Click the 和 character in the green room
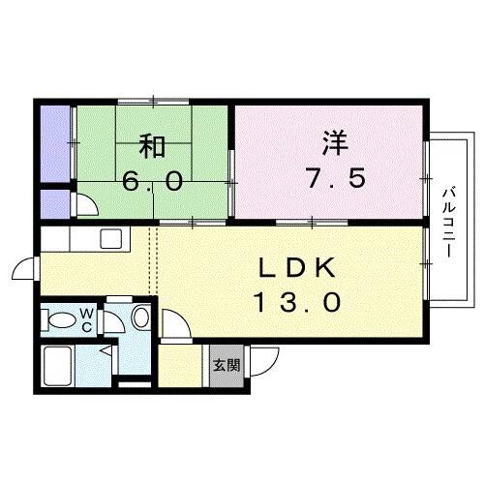pyautogui.click(x=153, y=147)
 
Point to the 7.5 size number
pyautogui.click(x=332, y=181)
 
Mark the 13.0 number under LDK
pyautogui.click(x=297, y=303)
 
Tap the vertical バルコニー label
pyautogui.click(x=450, y=220)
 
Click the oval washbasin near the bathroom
pyautogui.click(x=141, y=317)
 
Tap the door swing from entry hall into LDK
pyautogui.click(x=174, y=323)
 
